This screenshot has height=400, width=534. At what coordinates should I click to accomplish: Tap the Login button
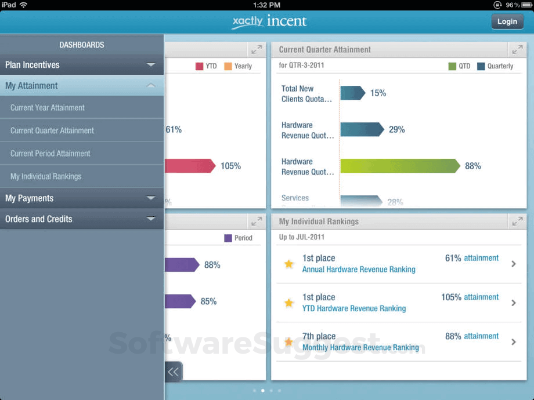click(507, 21)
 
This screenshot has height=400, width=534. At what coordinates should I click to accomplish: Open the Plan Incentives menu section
click(81, 65)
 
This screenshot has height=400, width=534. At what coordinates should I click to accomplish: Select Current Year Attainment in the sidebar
click(48, 108)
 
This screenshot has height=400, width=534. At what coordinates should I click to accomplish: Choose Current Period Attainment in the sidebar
click(50, 154)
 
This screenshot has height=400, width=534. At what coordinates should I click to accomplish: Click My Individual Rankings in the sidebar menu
click(46, 176)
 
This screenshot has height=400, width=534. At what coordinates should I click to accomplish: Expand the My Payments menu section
click(81, 198)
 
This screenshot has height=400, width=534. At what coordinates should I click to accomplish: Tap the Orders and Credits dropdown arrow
click(151, 219)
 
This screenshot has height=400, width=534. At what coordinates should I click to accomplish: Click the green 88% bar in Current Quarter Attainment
click(400, 166)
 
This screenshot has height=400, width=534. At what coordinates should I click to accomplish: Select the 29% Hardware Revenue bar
click(362, 129)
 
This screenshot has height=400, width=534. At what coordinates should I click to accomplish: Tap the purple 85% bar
click(180, 301)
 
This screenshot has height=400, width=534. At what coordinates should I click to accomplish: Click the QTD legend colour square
click(452, 66)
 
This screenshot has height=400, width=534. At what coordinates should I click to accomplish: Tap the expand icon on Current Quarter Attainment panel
click(516, 50)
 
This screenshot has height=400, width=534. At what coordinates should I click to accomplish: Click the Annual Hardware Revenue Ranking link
click(359, 269)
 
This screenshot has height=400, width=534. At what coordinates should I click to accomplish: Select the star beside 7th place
click(288, 342)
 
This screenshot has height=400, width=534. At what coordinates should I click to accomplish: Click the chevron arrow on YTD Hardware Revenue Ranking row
click(514, 303)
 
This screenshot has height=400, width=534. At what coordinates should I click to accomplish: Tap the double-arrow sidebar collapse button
click(173, 372)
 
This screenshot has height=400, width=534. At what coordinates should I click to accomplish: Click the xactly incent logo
click(269, 21)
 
